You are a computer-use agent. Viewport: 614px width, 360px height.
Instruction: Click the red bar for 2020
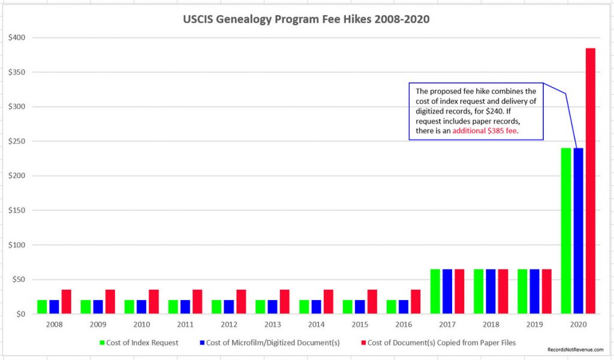pos(591,180)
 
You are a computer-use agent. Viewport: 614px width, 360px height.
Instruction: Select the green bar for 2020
pos(565,231)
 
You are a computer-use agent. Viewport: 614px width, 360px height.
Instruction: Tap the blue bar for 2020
pos(578,231)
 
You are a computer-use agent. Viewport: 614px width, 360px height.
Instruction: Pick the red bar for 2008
pos(66,302)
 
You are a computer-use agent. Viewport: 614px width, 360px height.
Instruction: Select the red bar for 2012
pos(241,302)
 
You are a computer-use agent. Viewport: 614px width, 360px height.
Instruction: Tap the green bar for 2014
pos(303,307)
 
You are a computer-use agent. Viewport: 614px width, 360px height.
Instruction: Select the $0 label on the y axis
pos(20,314)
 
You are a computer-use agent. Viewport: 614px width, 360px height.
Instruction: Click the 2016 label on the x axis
pos(404,325)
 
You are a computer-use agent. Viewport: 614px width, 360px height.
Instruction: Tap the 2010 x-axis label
pos(142,325)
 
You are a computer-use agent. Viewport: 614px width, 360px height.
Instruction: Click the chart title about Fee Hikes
pos(306,19)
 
